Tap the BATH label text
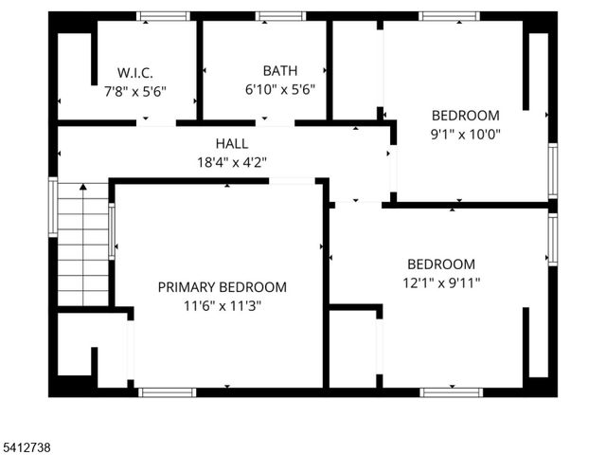point(280,70)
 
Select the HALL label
point(232,143)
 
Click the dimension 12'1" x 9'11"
point(441,282)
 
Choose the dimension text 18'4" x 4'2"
point(232,161)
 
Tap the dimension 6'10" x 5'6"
point(280,89)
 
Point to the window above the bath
point(280,16)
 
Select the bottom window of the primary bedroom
point(167,391)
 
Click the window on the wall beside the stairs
point(53,208)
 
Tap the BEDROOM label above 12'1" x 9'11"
point(441,264)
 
